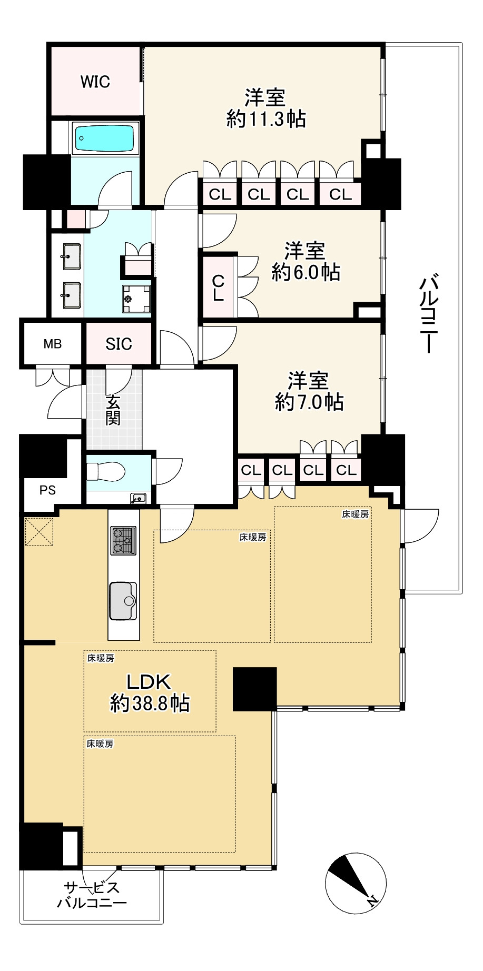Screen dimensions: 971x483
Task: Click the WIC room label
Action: pos(95,82)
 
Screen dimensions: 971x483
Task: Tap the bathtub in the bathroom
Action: pos(104,138)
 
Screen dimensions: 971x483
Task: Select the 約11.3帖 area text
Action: pos(266,119)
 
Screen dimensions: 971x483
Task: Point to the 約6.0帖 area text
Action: pos(305,272)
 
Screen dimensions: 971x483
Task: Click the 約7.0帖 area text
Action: pos(309,402)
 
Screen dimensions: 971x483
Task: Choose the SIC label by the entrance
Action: pos(119,344)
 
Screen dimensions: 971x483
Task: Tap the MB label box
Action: pos(52,344)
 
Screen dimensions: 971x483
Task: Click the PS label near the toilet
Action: pos(47,490)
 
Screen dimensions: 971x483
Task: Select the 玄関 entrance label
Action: pos(113,410)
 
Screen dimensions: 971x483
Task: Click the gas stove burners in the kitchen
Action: pos(123,540)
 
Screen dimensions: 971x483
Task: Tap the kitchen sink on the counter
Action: pos(123,601)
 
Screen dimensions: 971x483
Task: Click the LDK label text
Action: pos(149,682)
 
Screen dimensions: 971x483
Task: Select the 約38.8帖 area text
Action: pos(150,704)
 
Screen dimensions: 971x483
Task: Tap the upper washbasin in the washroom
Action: pos(72,256)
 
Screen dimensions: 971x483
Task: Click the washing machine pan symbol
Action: pos(136,299)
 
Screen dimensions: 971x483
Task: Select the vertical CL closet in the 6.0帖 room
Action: pos(218,288)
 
